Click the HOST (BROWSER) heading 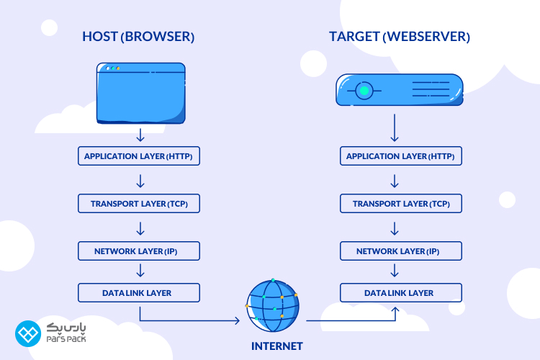(x=138, y=36)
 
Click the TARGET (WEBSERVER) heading (x=400, y=36)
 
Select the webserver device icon (x=400, y=91)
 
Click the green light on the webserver (x=364, y=91)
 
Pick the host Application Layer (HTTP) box (x=138, y=156)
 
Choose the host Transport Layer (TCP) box (x=138, y=204)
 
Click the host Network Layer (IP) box (x=138, y=251)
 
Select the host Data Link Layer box (x=138, y=292)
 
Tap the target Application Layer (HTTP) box (x=400, y=156)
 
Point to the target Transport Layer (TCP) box (x=400, y=204)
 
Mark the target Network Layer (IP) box (x=400, y=251)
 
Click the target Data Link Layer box (x=400, y=293)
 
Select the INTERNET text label (x=277, y=346)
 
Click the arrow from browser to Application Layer (x=140, y=135)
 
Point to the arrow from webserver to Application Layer (x=395, y=130)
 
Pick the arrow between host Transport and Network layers (x=140, y=228)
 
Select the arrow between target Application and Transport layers (x=395, y=180)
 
